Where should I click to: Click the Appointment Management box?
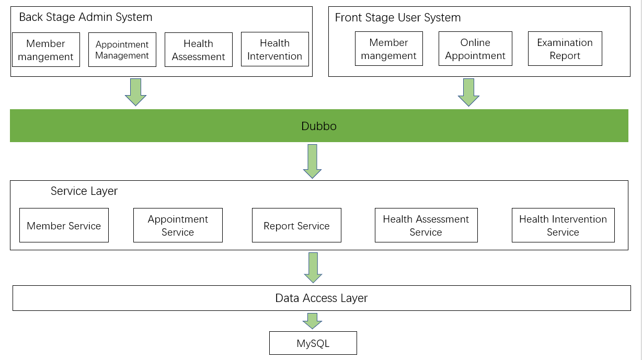122,50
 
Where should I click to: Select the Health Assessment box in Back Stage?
198,50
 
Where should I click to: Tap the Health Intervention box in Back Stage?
274,49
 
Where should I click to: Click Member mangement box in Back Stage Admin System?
45,50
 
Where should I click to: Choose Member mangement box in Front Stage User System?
388,49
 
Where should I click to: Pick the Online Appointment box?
475,49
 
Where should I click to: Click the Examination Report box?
565,49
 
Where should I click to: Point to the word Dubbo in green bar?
319,126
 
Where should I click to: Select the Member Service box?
64,225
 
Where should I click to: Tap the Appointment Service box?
178,225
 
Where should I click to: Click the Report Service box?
296,225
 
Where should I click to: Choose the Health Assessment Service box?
426,225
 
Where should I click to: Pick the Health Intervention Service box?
563,225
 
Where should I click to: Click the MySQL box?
313,343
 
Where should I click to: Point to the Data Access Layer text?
321,298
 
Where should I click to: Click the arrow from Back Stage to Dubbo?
135,92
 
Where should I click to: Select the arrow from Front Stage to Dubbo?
468,92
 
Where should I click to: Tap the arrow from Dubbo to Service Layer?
312,161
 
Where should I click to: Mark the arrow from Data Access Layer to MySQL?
312,320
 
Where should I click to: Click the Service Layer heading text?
84,191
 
